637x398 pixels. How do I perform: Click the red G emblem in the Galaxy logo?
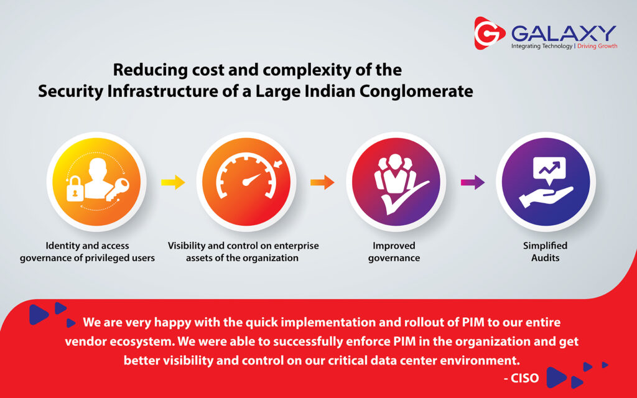pyautogui.click(x=489, y=33)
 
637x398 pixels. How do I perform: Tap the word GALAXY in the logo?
pyautogui.click(x=564, y=33)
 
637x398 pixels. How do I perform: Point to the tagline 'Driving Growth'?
pyautogui.click(x=597, y=46)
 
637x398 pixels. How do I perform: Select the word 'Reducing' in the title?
pyautogui.click(x=150, y=70)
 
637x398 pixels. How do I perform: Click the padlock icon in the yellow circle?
pyautogui.click(x=75, y=188)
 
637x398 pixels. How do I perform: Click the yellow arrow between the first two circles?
pyautogui.click(x=173, y=182)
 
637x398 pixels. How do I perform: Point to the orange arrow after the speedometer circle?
pyautogui.click(x=323, y=182)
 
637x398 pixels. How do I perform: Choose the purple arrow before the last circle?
pyautogui.click(x=473, y=182)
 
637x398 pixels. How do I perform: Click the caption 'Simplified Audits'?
pyautogui.click(x=545, y=252)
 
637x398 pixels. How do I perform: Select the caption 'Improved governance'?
pyautogui.click(x=394, y=252)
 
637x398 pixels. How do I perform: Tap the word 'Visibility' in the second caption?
pyautogui.click(x=187, y=246)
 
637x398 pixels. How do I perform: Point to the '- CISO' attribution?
pyautogui.click(x=521, y=378)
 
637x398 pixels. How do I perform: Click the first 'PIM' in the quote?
pyautogui.click(x=473, y=323)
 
